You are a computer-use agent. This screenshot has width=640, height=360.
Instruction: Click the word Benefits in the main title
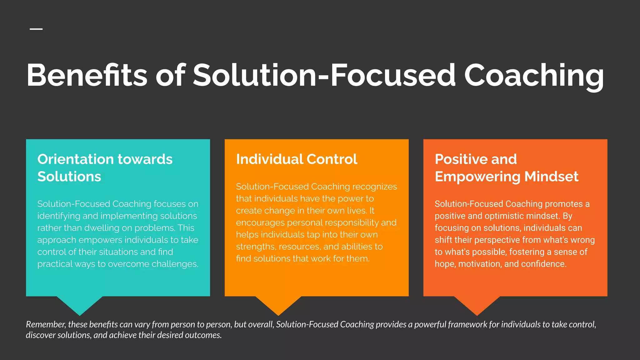tap(87, 75)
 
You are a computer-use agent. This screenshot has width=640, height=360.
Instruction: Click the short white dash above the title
tap(36, 29)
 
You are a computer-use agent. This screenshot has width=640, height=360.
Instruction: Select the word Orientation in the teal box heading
tap(75, 159)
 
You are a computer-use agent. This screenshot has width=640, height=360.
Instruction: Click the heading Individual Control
tap(297, 159)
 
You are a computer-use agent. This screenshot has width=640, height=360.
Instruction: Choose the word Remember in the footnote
tap(46, 324)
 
